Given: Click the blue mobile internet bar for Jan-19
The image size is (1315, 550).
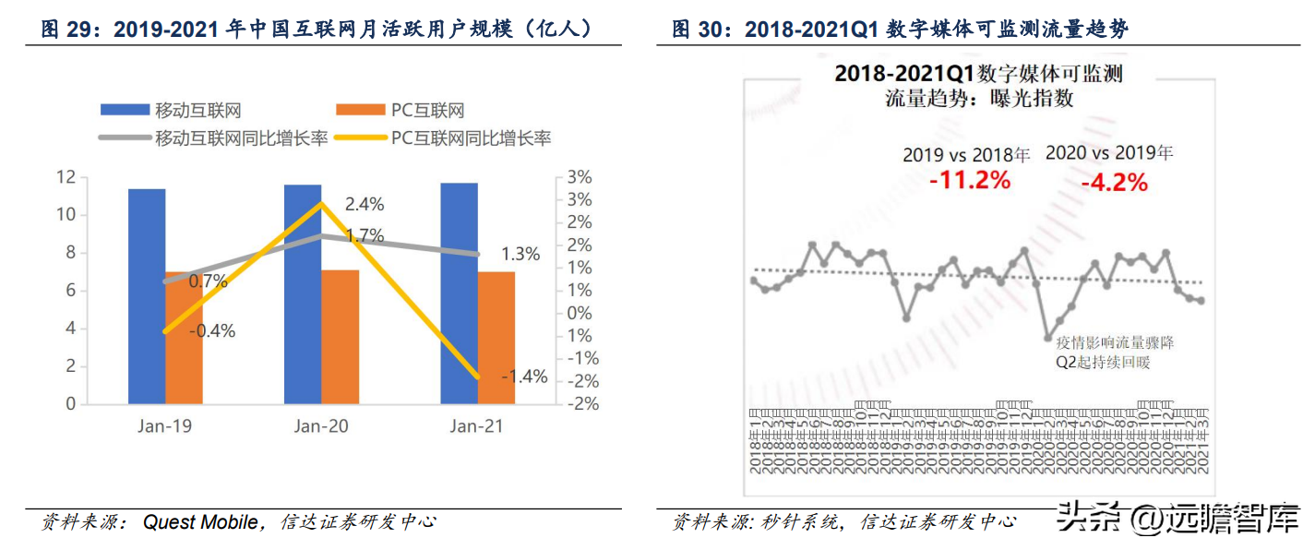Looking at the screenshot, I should pos(147,295).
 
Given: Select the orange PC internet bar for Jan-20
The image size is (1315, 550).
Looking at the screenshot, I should pos(340,337).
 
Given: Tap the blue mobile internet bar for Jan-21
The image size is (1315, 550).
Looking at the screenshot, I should pos(459,293).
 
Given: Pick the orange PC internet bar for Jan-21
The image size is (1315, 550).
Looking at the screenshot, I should pos(496,338).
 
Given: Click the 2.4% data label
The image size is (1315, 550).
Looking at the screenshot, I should pos(365,204).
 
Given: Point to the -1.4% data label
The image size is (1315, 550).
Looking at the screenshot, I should pos(524,376).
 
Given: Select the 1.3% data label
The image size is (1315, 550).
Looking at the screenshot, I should pos(520,255).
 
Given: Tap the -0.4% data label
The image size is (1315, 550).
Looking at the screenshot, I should pos(211,331).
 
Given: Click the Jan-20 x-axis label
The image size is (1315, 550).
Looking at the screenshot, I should pos(320,426).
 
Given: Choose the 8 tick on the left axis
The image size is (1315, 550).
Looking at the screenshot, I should pos(70,253).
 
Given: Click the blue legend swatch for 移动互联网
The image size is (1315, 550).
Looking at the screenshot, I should pos(125,111).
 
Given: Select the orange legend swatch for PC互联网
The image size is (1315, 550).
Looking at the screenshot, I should pos(361,111).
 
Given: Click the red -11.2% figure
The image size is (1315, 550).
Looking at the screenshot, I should pos(969,180).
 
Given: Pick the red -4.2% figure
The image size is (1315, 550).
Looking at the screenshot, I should pos(1114,182).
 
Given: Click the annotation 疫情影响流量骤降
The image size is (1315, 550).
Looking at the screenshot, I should pos(1115,342).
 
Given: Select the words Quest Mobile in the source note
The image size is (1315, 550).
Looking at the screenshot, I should pos(200,522).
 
